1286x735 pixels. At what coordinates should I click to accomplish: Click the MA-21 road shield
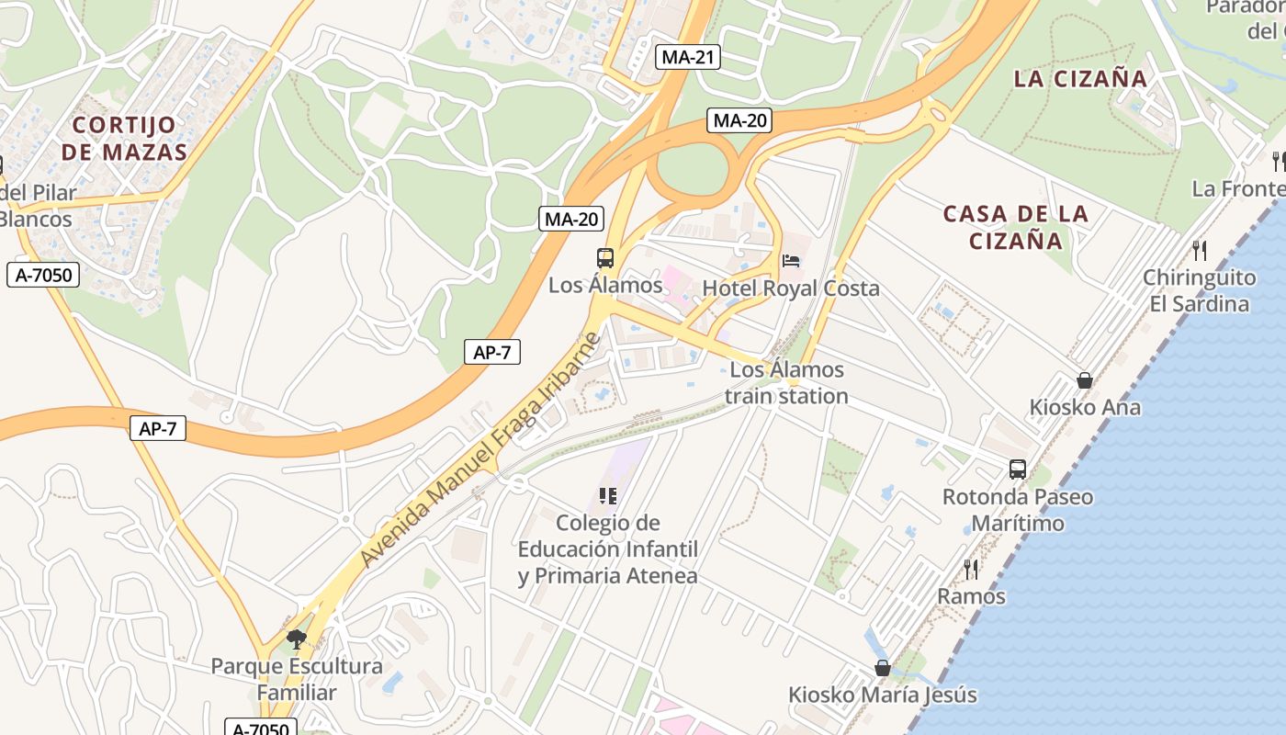(x=688, y=57)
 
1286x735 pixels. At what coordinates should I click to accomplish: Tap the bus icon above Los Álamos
(x=604, y=258)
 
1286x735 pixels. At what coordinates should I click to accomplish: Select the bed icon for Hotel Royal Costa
(x=790, y=261)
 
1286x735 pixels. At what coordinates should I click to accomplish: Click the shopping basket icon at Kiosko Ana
(x=1085, y=380)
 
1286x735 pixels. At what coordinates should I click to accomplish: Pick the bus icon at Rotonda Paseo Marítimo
(x=1018, y=469)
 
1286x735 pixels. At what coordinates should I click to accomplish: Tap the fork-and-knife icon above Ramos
(x=971, y=570)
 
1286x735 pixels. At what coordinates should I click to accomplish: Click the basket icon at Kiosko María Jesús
(x=882, y=668)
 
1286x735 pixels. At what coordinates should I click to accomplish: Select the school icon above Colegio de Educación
(x=607, y=496)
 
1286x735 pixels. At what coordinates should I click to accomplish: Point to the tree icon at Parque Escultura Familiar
(x=296, y=639)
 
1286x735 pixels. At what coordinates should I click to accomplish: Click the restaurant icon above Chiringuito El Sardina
(x=1199, y=250)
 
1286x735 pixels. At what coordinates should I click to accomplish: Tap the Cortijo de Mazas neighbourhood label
(x=124, y=138)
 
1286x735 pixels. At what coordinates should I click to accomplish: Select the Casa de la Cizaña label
(x=1016, y=227)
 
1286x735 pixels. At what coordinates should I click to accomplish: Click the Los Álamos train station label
(x=786, y=383)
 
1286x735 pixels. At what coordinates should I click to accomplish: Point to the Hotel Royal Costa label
(x=791, y=288)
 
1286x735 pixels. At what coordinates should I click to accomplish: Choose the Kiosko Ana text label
(x=1085, y=407)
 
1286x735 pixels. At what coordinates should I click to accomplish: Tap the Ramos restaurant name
(x=971, y=596)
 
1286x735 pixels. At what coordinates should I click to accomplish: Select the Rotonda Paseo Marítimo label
(x=1018, y=510)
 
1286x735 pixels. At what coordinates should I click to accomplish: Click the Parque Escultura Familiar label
(x=297, y=679)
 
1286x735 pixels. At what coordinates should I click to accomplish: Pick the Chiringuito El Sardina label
(x=1199, y=290)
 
